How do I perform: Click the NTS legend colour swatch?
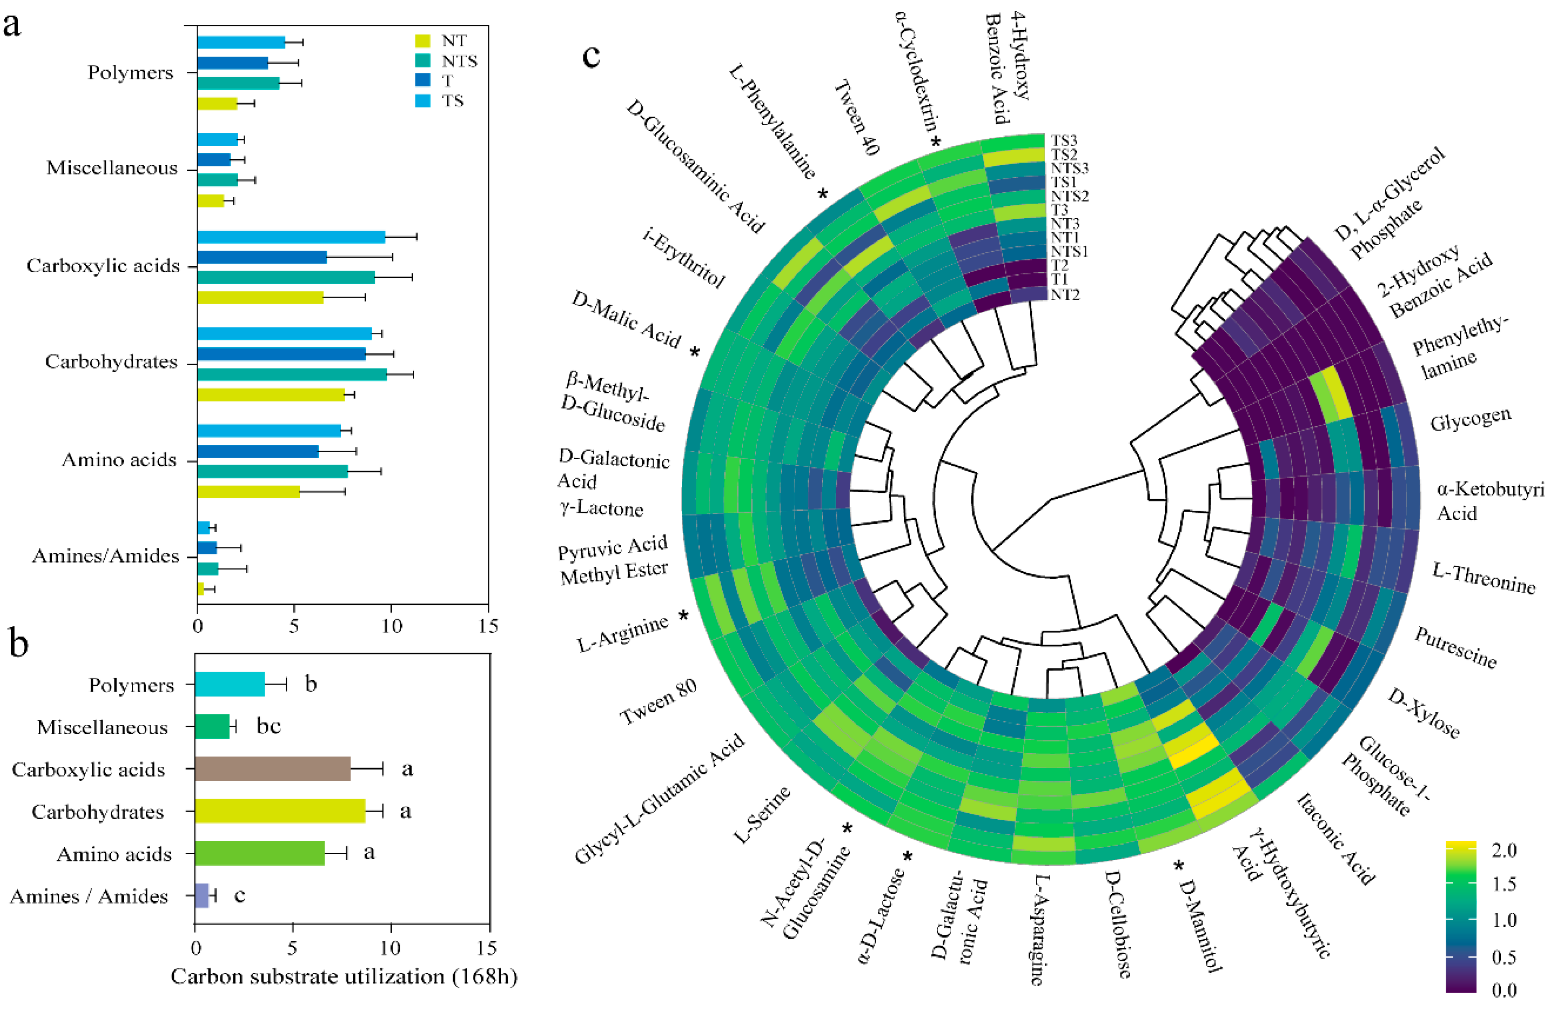point(423,61)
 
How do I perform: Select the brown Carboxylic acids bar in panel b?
point(272,769)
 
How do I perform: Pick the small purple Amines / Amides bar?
point(201,896)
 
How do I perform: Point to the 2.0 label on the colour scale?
point(1504,850)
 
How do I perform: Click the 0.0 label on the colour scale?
point(1504,990)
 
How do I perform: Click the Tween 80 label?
point(658,701)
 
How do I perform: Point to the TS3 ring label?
point(1064,140)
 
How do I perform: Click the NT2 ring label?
point(1065,295)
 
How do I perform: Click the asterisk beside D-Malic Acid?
point(695,352)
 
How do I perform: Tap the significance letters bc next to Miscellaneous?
point(268,726)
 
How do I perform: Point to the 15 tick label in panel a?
point(487,626)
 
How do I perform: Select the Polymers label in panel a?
point(131,72)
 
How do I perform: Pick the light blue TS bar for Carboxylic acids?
point(291,237)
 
